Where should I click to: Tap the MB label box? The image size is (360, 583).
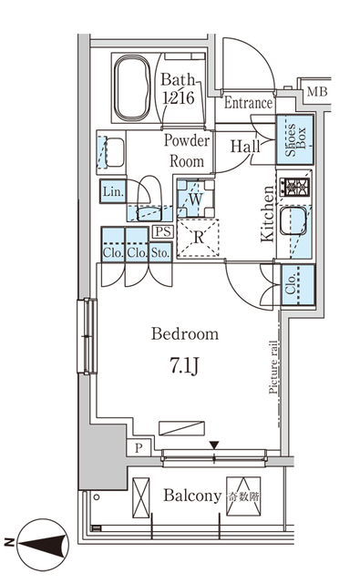coord(317,92)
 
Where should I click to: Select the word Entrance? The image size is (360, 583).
coord(248,103)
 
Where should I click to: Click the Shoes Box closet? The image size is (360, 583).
coord(295,138)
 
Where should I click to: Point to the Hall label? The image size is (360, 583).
coord(245,146)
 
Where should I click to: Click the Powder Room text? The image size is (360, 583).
coord(187,149)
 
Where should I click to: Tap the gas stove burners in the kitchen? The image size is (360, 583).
coord(296,189)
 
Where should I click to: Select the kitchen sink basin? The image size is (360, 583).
coord(296,224)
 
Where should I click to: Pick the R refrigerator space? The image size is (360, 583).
coord(198,238)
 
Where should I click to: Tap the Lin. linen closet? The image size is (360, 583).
coord(113,192)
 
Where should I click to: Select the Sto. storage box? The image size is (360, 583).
coord(161,251)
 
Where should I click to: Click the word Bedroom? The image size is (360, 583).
coord(185,334)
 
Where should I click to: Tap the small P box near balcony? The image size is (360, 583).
coord(138,447)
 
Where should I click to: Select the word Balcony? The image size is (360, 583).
coord(192,496)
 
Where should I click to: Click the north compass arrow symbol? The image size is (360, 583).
coord(36,543)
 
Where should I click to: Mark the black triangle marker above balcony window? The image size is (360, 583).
coord(214,445)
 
